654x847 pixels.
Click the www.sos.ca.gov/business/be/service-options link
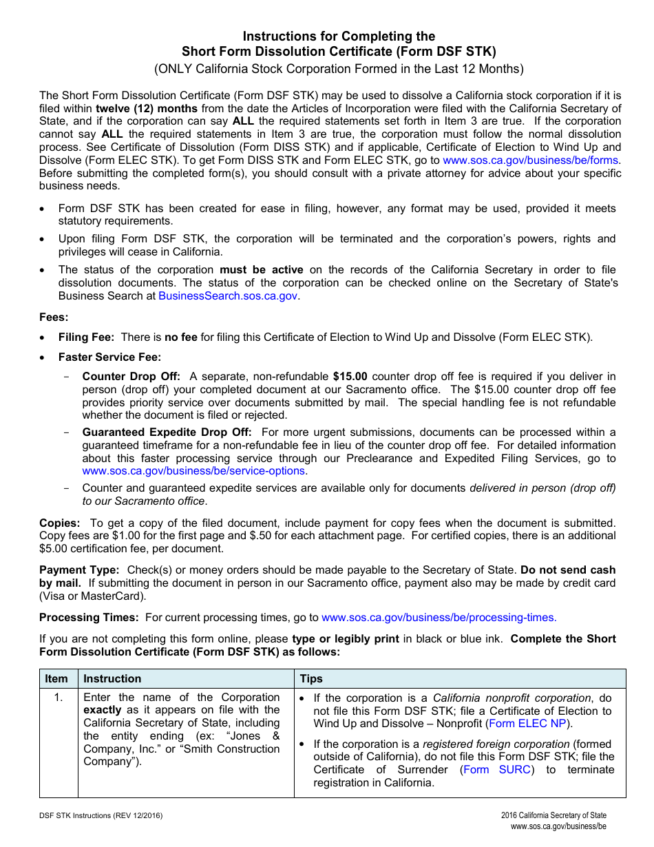click(x=193, y=471)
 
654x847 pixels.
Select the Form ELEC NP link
click(x=529, y=724)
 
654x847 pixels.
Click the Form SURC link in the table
click(x=497, y=770)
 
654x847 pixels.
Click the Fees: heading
click(x=54, y=317)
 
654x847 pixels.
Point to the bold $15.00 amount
click(x=350, y=377)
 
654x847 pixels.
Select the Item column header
click(x=56, y=679)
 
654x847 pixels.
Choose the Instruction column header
click(x=112, y=679)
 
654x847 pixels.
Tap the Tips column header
click(x=311, y=679)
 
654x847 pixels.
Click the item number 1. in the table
click(x=59, y=698)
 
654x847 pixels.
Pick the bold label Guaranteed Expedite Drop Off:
click(x=167, y=432)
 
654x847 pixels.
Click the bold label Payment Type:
click(x=79, y=570)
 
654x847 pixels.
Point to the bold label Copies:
click(x=60, y=523)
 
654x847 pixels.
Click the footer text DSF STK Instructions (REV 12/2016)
click(x=101, y=815)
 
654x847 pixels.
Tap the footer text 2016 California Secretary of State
click(x=553, y=815)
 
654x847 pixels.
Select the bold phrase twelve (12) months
click(x=147, y=109)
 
